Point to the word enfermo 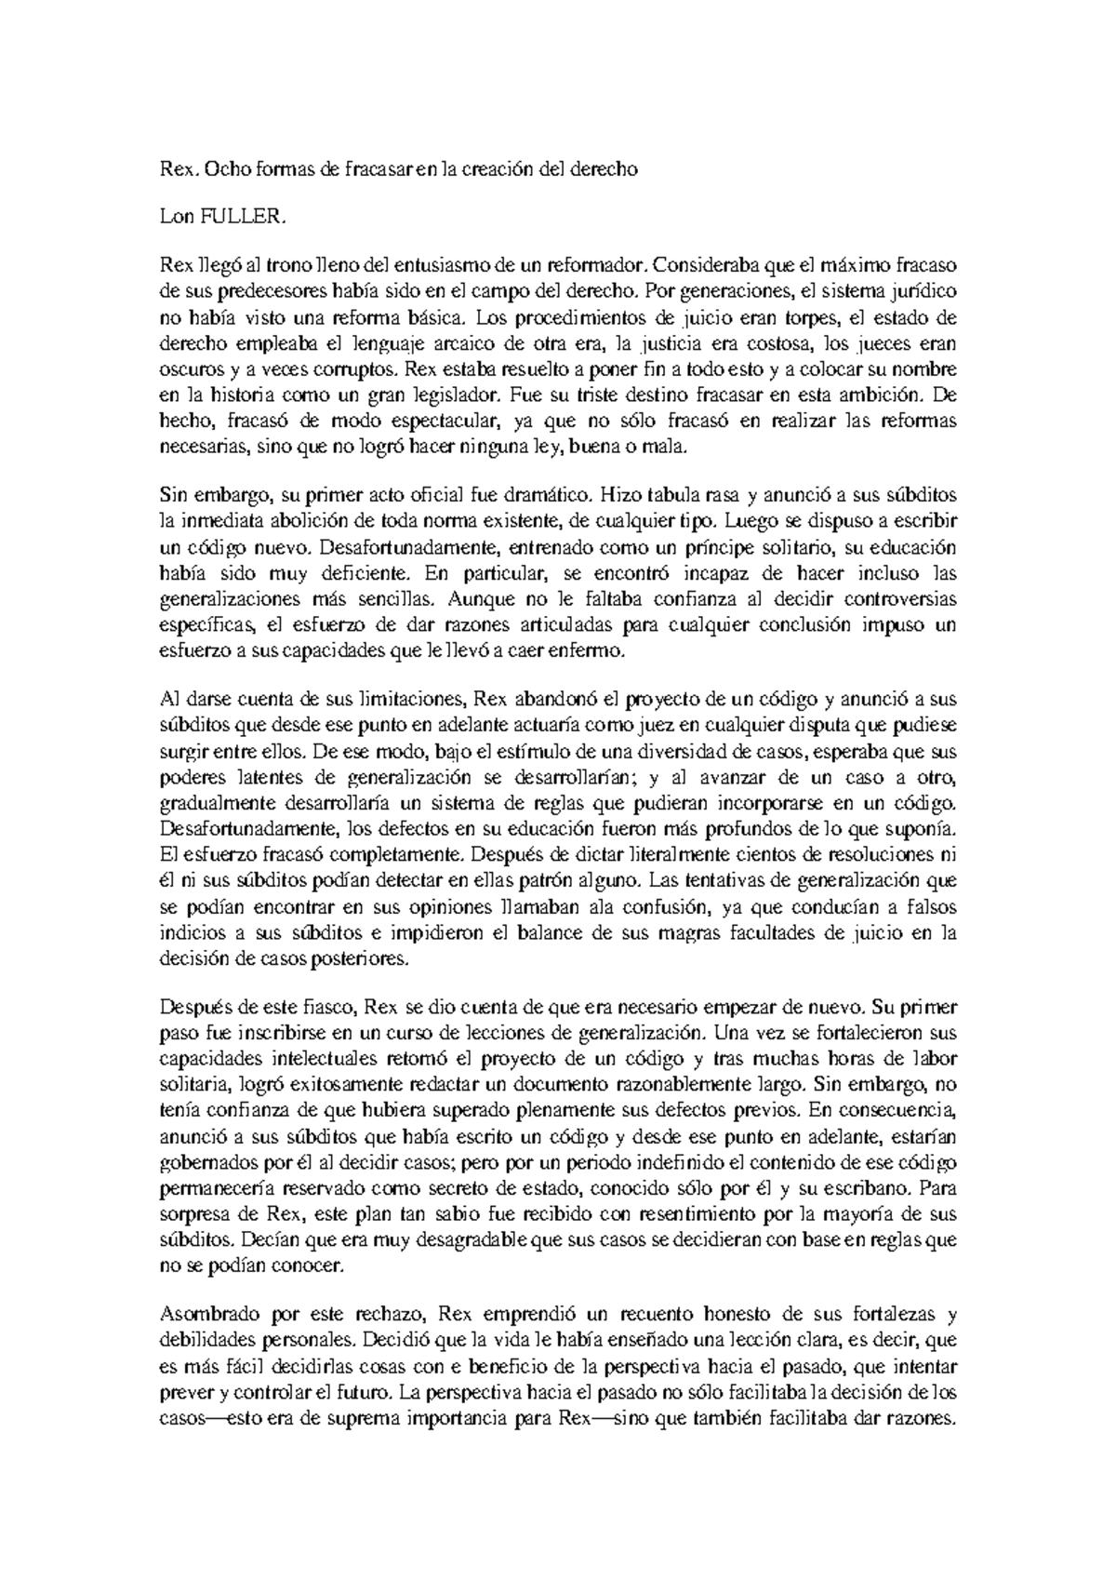(x=591, y=651)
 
